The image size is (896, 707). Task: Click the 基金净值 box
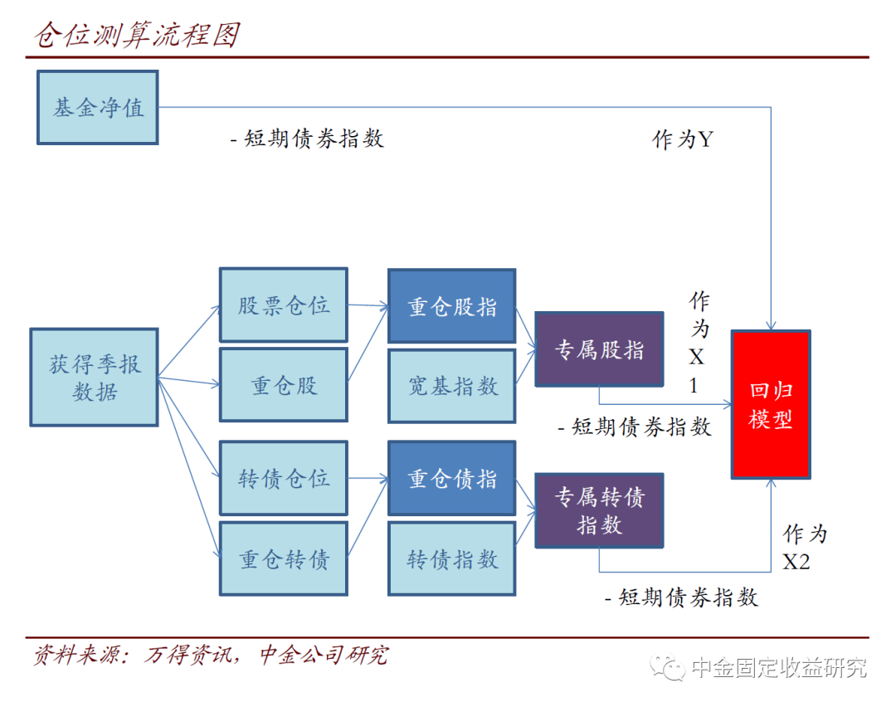tap(98, 108)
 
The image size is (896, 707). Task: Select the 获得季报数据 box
tap(94, 378)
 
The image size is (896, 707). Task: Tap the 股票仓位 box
tap(284, 305)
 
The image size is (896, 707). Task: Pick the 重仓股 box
tap(284, 386)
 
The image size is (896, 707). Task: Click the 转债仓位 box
tap(284, 479)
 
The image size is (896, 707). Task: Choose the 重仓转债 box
tap(284, 559)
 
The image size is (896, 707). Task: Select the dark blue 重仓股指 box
tap(452, 306)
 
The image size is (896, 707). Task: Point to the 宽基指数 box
tap(452, 386)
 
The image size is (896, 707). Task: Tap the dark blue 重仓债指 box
tap(452, 479)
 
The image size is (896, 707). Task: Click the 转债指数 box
tap(452, 559)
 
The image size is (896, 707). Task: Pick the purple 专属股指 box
tap(599, 349)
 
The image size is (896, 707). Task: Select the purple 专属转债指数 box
tap(599, 510)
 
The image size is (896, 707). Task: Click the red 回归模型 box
tap(771, 405)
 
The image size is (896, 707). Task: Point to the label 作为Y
tap(682, 139)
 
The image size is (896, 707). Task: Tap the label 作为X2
tap(803, 548)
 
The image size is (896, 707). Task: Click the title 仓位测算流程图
tap(138, 35)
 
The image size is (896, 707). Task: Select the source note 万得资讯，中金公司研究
tap(265, 656)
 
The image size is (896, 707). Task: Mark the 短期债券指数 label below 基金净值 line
tap(307, 139)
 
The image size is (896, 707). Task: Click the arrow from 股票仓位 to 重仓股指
tap(368, 305)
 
